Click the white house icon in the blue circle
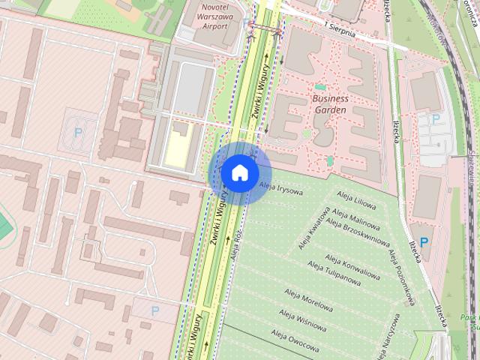239,172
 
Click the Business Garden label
330,103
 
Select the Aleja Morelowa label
308,300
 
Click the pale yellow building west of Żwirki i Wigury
178,145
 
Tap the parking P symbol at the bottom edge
155,310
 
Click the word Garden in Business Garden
330,109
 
